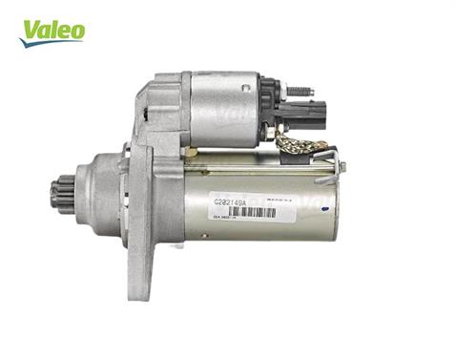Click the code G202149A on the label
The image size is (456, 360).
pyautogui.click(x=230, y=201)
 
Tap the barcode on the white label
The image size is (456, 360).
pyautogui.click(x=252, y=212)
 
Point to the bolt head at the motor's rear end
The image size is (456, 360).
pyautogui.click(x=342, y=166)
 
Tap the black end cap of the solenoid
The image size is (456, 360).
pyautogui.click(x=269, y=105)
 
